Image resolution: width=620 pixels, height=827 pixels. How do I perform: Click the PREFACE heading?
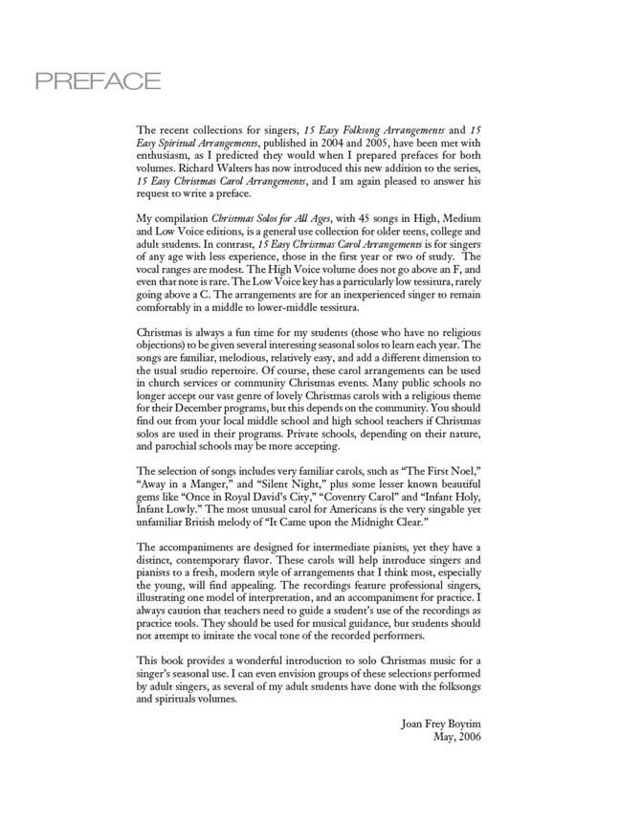(x=98, y=82)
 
